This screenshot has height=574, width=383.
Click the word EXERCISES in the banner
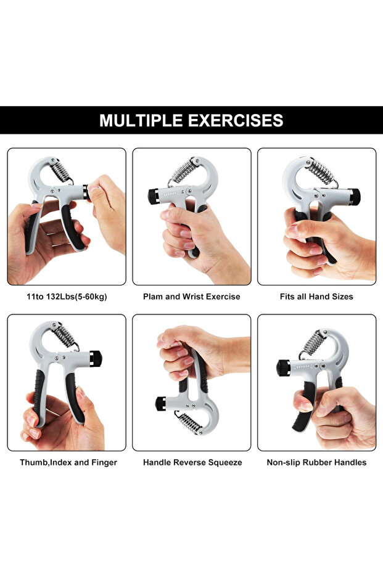click(237, 120)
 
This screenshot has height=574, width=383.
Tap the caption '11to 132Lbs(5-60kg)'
click(67, 297)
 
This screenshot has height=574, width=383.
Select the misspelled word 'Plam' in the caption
click(153, 297)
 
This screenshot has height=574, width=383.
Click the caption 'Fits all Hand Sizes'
click(316, 297)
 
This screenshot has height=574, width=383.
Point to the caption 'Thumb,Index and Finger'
click(68, 462)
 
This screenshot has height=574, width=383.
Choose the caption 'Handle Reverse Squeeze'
click(192, 462)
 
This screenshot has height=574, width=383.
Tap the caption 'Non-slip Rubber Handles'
click(316, 462)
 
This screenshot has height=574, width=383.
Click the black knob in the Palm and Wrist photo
click(154, 196)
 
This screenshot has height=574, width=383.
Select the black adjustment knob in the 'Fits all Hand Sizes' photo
click(353, 197)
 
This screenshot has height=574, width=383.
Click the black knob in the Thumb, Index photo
click(95, 358)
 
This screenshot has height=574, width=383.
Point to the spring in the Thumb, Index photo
click(65, 336)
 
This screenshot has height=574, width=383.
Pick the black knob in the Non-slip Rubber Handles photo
click(282, 367)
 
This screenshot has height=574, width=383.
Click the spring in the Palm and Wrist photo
click(184, 170)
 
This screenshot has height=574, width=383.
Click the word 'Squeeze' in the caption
click(225, 462)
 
